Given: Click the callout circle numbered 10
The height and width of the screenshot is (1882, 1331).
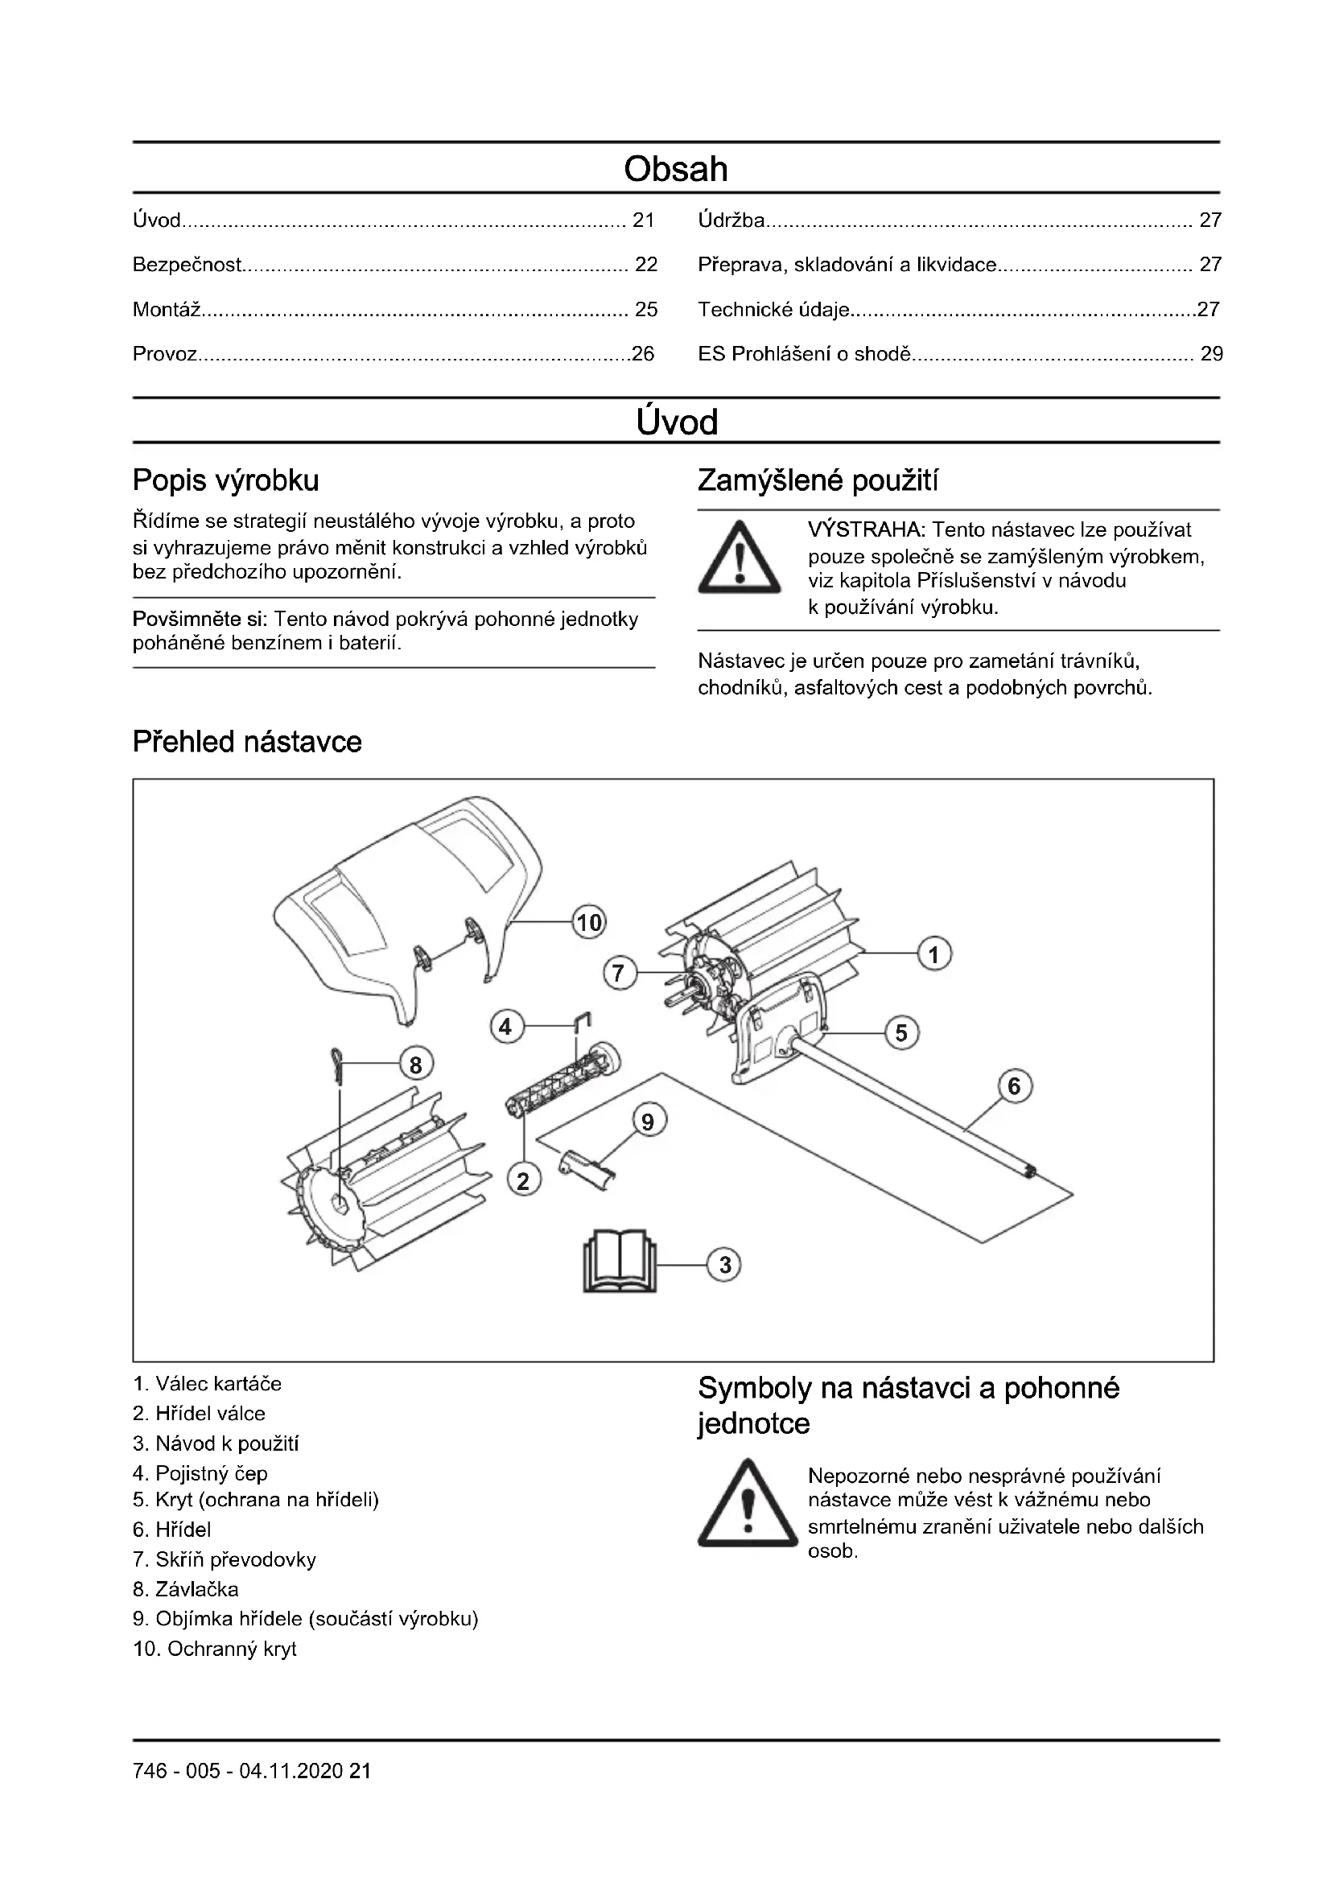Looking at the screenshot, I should click(x=589, y=923).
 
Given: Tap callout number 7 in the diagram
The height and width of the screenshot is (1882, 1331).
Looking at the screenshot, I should click(x=619, y=974).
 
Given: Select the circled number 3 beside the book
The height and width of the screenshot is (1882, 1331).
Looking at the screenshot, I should click(x=724, y=1265).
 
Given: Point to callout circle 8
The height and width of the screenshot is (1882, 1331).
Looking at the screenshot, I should click(x=415, y=1065).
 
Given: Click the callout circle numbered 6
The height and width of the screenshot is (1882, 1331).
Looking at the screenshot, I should click(x=1015, y=1086).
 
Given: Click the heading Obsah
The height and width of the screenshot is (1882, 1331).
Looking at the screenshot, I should click(x=675, y=169).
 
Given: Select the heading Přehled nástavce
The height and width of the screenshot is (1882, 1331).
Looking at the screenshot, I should click(x=247, y=742).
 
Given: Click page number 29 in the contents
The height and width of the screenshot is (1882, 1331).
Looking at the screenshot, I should click(x=1211, y=354).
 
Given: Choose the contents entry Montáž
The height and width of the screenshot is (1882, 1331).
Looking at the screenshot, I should click(x=167, y=310).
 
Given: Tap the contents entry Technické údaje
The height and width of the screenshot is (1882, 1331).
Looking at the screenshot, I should click(x=773, y=310).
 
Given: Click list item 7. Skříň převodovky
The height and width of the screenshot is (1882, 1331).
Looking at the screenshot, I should click(x=224, y=1559).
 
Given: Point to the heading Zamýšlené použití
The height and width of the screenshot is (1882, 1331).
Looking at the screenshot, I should click(x=817, y=480).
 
